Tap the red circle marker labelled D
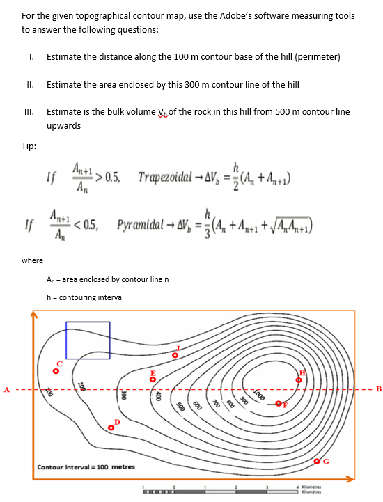click(x=111, y=428)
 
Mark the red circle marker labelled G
click(x=318, y=462)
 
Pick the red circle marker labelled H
click(x=302, y=381)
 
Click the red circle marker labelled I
click(x=175, y=356)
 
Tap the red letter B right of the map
click(x=378, y=389)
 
